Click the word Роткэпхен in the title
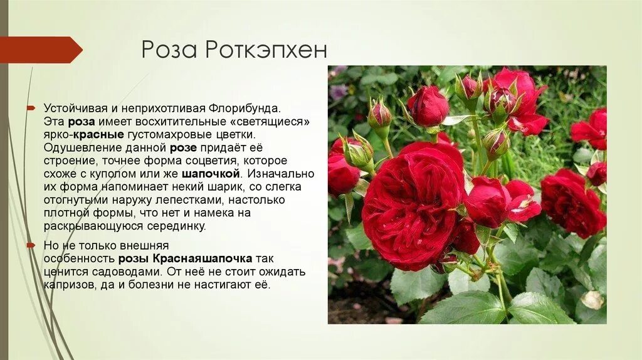(266, 50)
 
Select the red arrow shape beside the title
(41, 50)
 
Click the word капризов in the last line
(67, 285)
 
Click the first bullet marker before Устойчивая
(30, 109)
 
